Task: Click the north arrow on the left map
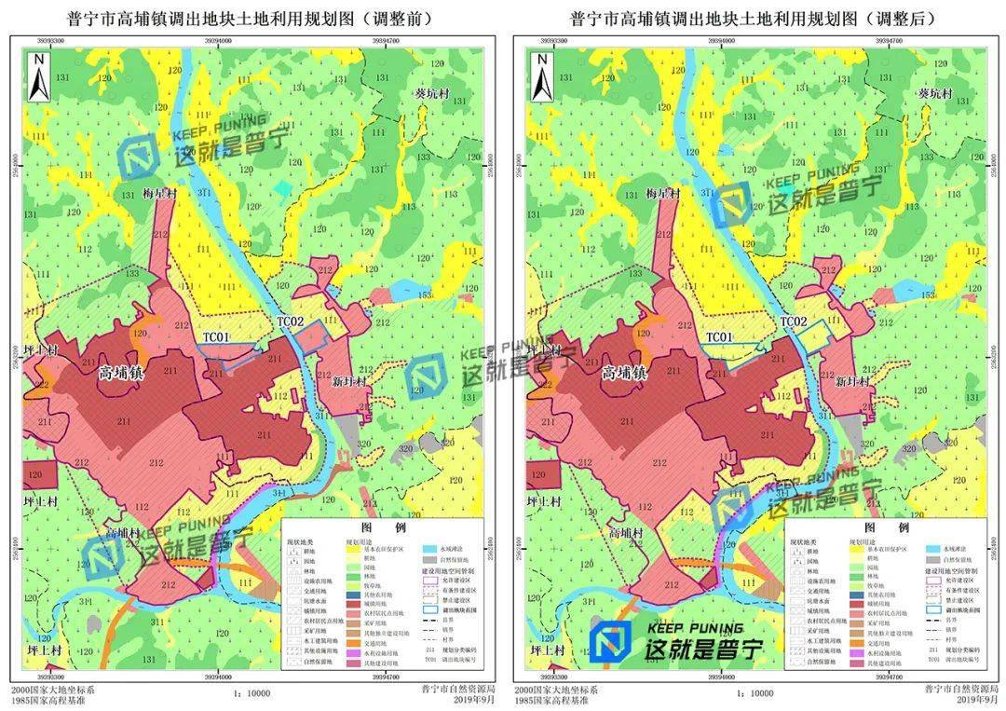pos(39,77)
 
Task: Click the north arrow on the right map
pos(541,77)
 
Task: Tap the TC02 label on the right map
pos(793,321)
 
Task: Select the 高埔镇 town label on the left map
pos(121,373)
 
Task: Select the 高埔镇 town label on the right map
pos(623,373)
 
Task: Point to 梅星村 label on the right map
pos(664,194)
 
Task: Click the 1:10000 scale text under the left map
pos(247,693)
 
